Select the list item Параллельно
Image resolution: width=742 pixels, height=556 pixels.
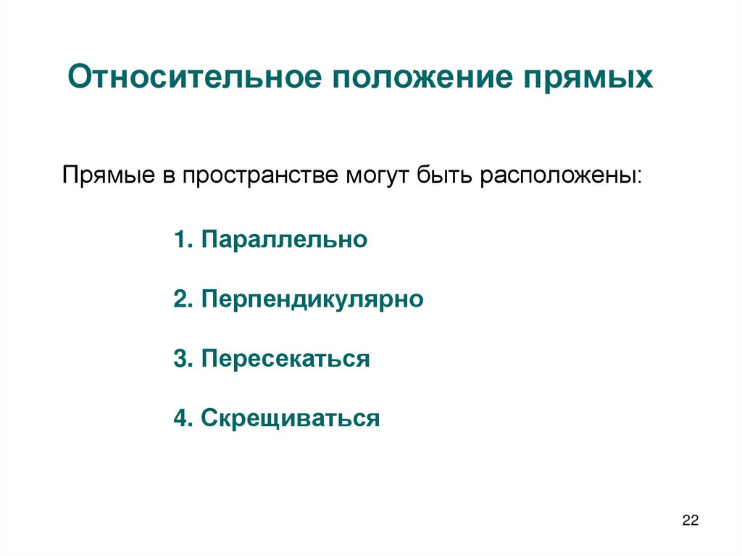285,240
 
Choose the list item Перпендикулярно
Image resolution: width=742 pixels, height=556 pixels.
312,299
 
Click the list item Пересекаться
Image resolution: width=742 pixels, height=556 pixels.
286,359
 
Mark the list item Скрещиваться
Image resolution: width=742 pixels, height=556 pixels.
291,418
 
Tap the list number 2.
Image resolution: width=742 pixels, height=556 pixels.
181,299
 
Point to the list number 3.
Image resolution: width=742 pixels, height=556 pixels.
181,359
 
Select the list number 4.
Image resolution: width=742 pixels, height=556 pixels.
181,418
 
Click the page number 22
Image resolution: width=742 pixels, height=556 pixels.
690,520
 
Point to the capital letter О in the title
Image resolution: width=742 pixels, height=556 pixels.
77,78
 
